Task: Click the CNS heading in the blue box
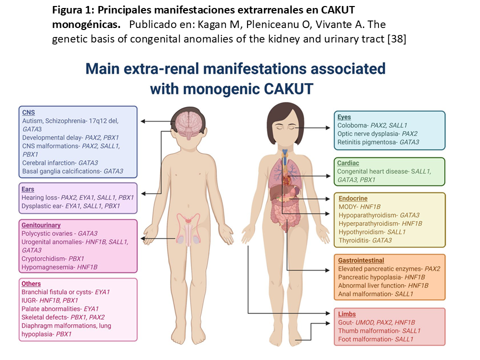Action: coord(28,112)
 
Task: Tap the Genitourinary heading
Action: coord(41,225)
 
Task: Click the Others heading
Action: coord(31,283)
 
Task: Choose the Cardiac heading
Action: coord(348,163)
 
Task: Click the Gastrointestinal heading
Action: coord(361,260)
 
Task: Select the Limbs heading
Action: coord(347,314)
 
